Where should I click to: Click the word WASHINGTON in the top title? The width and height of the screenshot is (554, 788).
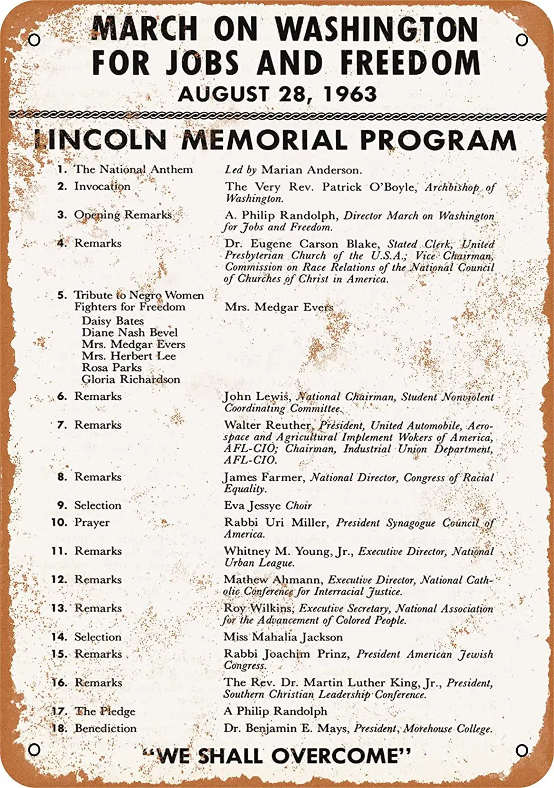tap(377, 29)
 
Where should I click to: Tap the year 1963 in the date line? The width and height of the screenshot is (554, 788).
tap(350, 94)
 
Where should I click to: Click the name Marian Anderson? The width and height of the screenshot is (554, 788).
tap(311, 170)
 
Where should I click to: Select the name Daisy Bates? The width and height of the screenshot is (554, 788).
tap(112, 320)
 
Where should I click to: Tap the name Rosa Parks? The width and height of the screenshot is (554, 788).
tap(111, 367)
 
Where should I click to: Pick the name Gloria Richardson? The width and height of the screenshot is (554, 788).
tap(130, 379)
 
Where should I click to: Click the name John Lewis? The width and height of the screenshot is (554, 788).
tap(257, 397)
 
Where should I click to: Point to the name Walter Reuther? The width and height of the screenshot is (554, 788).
tap(268, 425)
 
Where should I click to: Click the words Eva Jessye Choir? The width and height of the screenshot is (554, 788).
tap(268, 505)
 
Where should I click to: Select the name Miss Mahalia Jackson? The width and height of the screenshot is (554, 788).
tap(283, 637)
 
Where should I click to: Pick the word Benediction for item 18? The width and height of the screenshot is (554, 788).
tap(106, 728)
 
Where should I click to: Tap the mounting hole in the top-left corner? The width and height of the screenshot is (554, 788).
tap(34, 40)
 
